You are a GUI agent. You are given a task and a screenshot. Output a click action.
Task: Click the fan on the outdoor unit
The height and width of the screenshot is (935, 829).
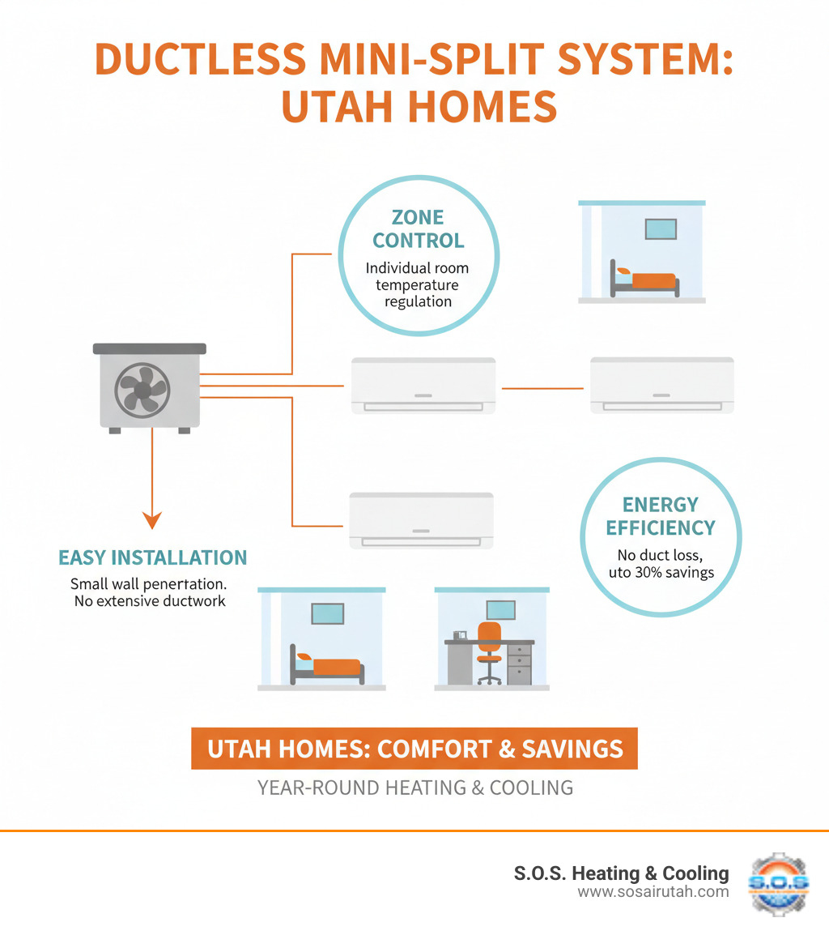(x=142, y=390)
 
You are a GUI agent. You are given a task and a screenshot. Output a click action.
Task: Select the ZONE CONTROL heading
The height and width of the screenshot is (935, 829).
(x=418, y=229)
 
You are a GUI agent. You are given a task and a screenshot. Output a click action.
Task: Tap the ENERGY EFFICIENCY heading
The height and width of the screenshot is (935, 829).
(x=661, y=516)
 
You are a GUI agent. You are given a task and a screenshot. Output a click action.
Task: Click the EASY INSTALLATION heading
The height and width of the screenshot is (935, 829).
(x=152, y=557)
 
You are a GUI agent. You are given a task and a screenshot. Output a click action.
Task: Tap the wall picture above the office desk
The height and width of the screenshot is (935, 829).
(x=500, y=611)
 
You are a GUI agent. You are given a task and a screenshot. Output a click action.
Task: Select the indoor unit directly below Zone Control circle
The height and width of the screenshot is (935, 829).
(x=423, y=386)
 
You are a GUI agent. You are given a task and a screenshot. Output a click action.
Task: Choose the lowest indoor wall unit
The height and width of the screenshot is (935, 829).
(x=421, y=520)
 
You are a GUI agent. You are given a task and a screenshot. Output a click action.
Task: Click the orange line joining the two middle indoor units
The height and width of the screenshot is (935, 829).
(x=542, y=388)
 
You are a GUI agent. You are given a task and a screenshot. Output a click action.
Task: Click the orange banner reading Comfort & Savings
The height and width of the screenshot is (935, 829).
(x=414, y=749)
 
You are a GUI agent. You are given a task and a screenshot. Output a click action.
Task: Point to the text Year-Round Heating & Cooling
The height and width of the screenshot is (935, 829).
(x=414, y=787)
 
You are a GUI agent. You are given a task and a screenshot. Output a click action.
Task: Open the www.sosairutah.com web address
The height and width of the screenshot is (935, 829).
(x=653, y=892)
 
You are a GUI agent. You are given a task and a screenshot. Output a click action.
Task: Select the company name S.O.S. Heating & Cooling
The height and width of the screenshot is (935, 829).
(x=621, y=873)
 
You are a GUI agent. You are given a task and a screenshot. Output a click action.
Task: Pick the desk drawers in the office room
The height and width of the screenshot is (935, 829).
(x=519, y=664)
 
